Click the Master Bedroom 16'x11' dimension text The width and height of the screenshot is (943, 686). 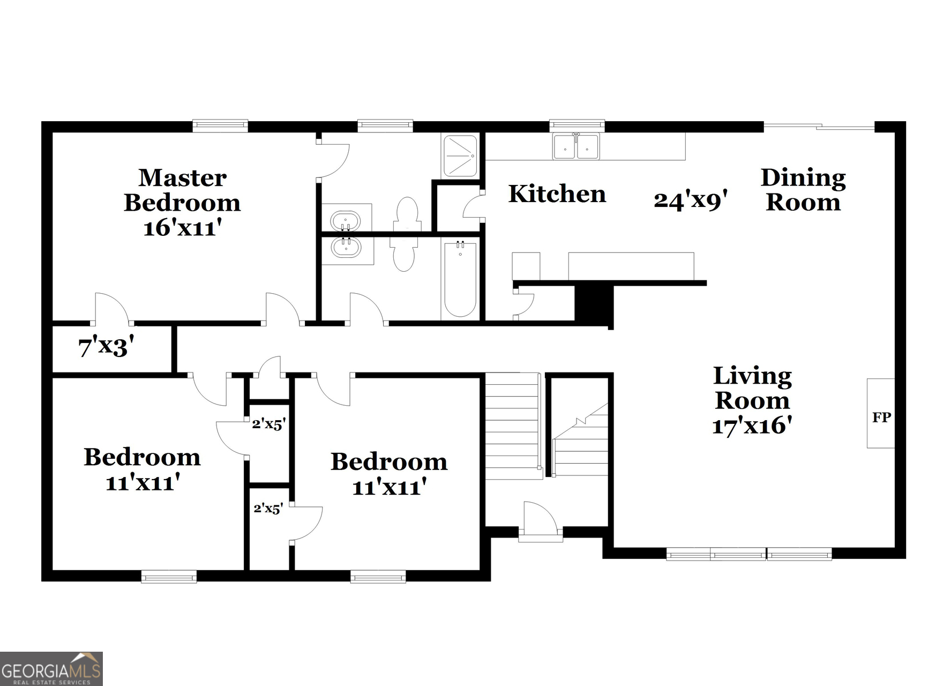click(182, 228)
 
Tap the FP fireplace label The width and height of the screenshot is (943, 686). click(881, 417)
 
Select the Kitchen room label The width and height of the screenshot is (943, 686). click(557, 194)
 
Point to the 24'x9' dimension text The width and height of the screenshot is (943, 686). click(690, 200)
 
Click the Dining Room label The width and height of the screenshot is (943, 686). click(803, 190)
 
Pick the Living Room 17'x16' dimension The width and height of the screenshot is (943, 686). click(752, 426)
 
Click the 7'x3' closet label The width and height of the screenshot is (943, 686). click(106, 347)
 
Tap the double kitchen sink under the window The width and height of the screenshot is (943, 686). click(576, 146)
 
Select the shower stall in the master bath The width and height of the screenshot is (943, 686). click(460, 155)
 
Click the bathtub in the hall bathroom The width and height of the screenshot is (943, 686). click(460, 280)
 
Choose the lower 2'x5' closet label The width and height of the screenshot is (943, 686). click(268, 508)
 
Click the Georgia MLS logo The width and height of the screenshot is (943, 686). click(51, 668)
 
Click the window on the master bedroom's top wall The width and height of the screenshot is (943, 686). click(220, 126)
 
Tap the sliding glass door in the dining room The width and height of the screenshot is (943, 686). click(818, 126)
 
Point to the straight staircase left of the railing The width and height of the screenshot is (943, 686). click(512, 426)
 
